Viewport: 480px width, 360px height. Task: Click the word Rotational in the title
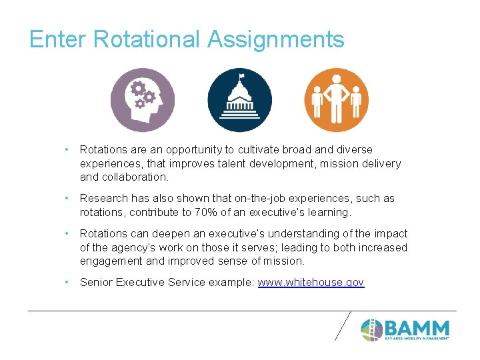coord(147,39)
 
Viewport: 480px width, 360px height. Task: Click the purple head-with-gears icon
coord(142,100)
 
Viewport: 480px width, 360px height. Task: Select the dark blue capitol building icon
coord(239,100)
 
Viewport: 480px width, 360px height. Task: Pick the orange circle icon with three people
coord(337,100)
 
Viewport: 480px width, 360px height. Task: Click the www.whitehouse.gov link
coord(311,283)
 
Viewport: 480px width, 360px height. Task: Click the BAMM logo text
coord(418,328)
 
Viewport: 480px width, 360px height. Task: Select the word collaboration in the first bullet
coord(134,177)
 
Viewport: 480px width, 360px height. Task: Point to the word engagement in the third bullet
coord(109,261)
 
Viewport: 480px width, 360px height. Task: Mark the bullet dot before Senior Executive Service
coord(67,283)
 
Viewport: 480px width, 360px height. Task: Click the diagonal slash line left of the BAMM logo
coord(341,325)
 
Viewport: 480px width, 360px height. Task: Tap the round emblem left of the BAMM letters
coord(371,329)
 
